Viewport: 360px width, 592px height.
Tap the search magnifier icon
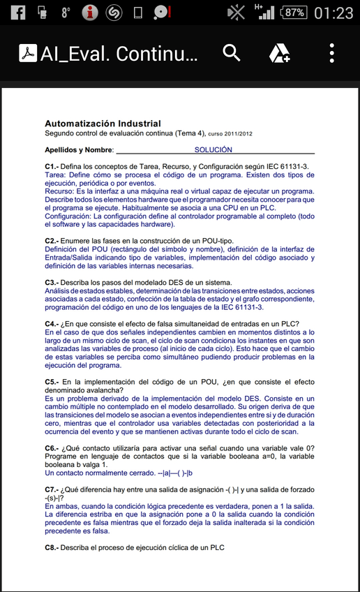click(x=231, y=52)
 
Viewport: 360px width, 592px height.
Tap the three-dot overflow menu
click(x=332, y=53)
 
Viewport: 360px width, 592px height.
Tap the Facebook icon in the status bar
click(x=17, y=12)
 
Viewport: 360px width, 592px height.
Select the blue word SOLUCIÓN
click(x=213, y=149)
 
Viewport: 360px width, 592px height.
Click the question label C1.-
click(x=51, y=166)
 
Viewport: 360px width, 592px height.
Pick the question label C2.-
click(x=51, y=240)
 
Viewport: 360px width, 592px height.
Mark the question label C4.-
click(x=51, y=324)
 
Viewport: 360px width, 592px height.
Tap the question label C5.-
click(x=51, y=382)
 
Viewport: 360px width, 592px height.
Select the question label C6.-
click(x=51, y=447)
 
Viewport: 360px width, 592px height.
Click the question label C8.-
click(x=51, y=547)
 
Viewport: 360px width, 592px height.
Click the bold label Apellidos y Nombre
click(x=79, y=149)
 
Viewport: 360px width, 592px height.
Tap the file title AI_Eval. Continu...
click(x=119, y=54)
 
